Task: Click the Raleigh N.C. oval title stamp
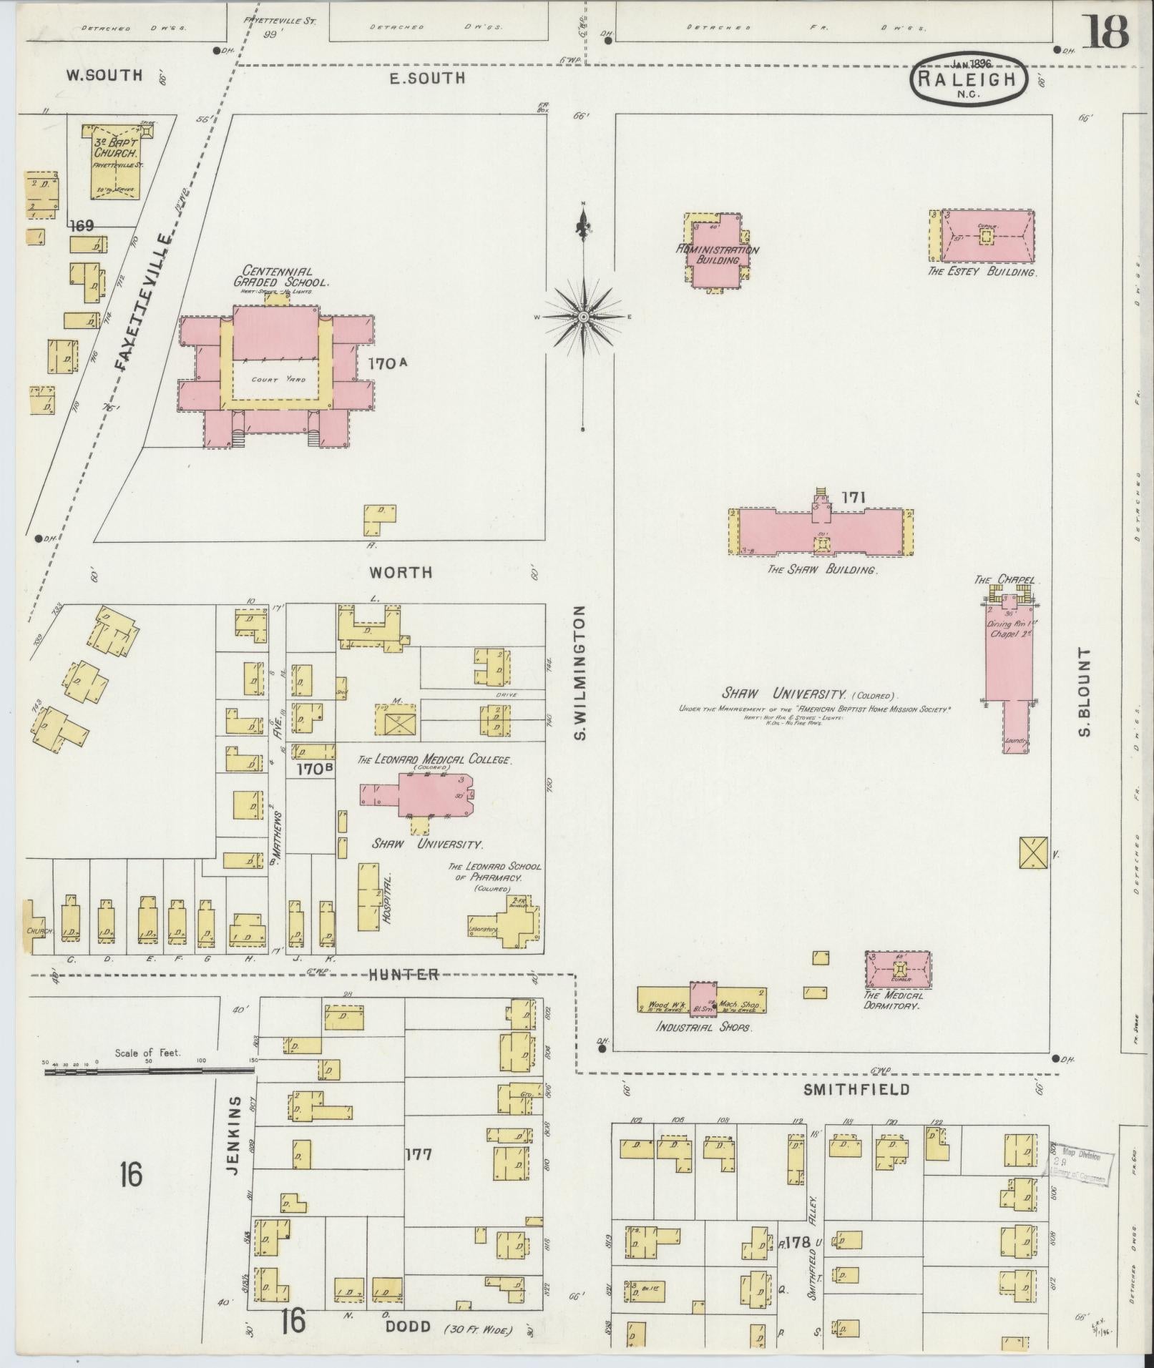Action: click(967, 80)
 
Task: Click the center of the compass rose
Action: click(583, 316)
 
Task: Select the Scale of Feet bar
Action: click(149, 1071)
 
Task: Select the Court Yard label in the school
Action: click(276, 380)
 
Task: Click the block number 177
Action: click(418, 1154)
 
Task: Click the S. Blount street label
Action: click(1085, 692)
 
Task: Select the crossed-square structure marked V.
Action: click(1033, 852)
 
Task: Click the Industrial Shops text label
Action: click(704, 1027)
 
